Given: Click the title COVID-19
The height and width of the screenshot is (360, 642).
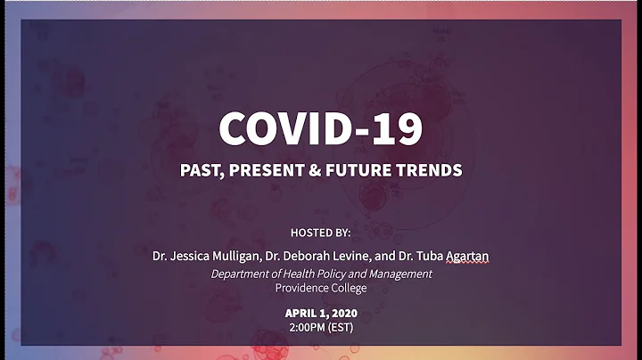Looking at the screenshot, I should pyautogui.click(x=320, y=128).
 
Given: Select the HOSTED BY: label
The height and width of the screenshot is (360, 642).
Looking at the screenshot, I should pyautogui.click(x=320, y=233).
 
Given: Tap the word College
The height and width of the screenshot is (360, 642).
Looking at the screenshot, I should pyautogui.click(x=350, y=288).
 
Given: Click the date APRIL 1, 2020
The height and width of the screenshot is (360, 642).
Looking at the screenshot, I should pyautogui.click(x=320, y=313).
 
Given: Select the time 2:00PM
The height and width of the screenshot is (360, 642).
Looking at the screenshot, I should pyautogui.click(x=307, y=327).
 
